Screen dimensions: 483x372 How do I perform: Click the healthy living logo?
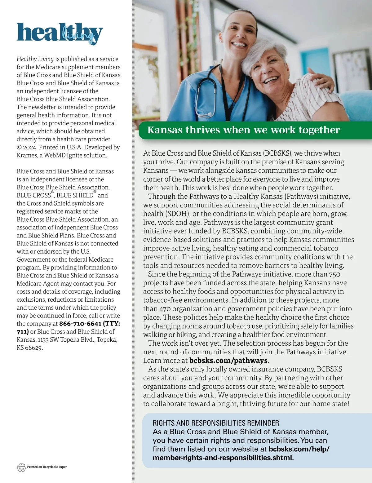[60, 33]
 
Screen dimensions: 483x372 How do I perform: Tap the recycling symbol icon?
[21, 467]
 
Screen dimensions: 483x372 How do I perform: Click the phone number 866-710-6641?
[80, 324]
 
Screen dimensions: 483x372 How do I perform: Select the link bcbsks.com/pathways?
[228, 361]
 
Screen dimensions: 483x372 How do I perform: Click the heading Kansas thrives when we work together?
[243, 130]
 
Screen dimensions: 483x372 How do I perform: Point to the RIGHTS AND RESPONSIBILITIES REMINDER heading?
[216, 423]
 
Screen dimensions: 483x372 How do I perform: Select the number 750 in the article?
[335, 274]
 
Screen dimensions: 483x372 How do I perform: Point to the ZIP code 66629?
[33, 348]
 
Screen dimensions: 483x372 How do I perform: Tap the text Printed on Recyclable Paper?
[47, 467]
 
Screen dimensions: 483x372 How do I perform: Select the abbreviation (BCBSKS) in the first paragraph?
[277, 153]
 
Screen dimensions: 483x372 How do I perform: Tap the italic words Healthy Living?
[35, 59]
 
